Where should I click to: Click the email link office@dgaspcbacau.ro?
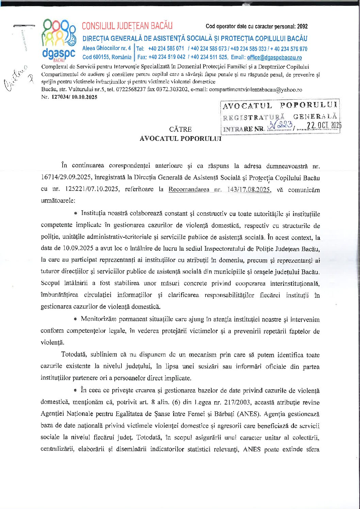coord(274,58)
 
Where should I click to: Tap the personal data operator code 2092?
coord(302,26)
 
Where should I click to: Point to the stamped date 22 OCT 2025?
coord(323,126)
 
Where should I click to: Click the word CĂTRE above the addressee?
coord(180,129)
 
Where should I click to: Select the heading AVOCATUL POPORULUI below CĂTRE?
coord(180,138)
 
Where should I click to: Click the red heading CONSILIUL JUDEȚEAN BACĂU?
coord(127,26)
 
